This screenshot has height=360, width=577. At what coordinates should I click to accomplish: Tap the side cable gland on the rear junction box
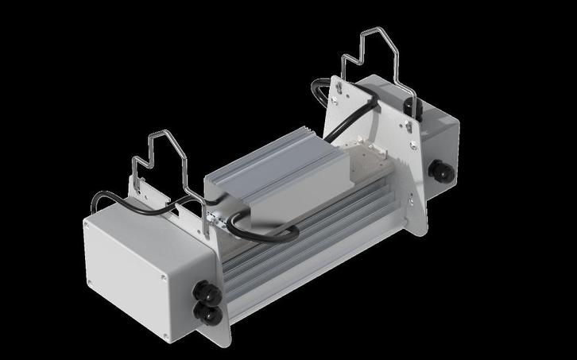[436, 169]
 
